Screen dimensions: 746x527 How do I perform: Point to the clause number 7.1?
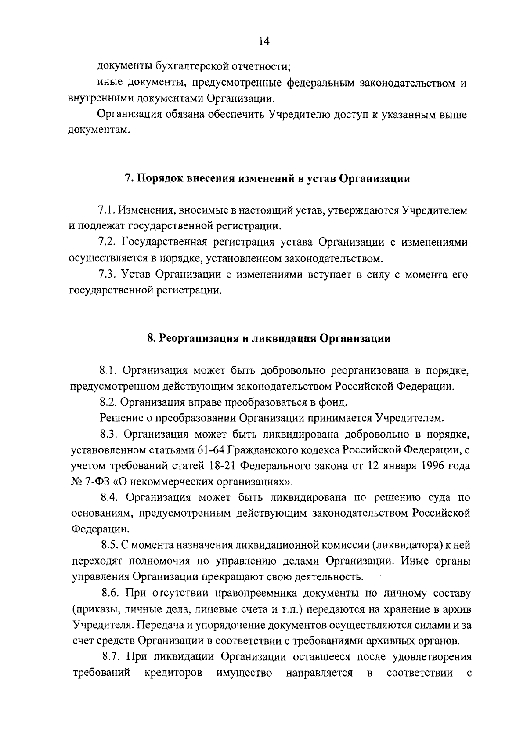click(x=108, y=210)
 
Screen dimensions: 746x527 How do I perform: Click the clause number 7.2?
click(x=108, y=243)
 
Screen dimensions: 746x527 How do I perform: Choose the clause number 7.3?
click(x=108, y=275)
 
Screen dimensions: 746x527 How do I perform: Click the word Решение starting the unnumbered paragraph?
click(x=122, y=418)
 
